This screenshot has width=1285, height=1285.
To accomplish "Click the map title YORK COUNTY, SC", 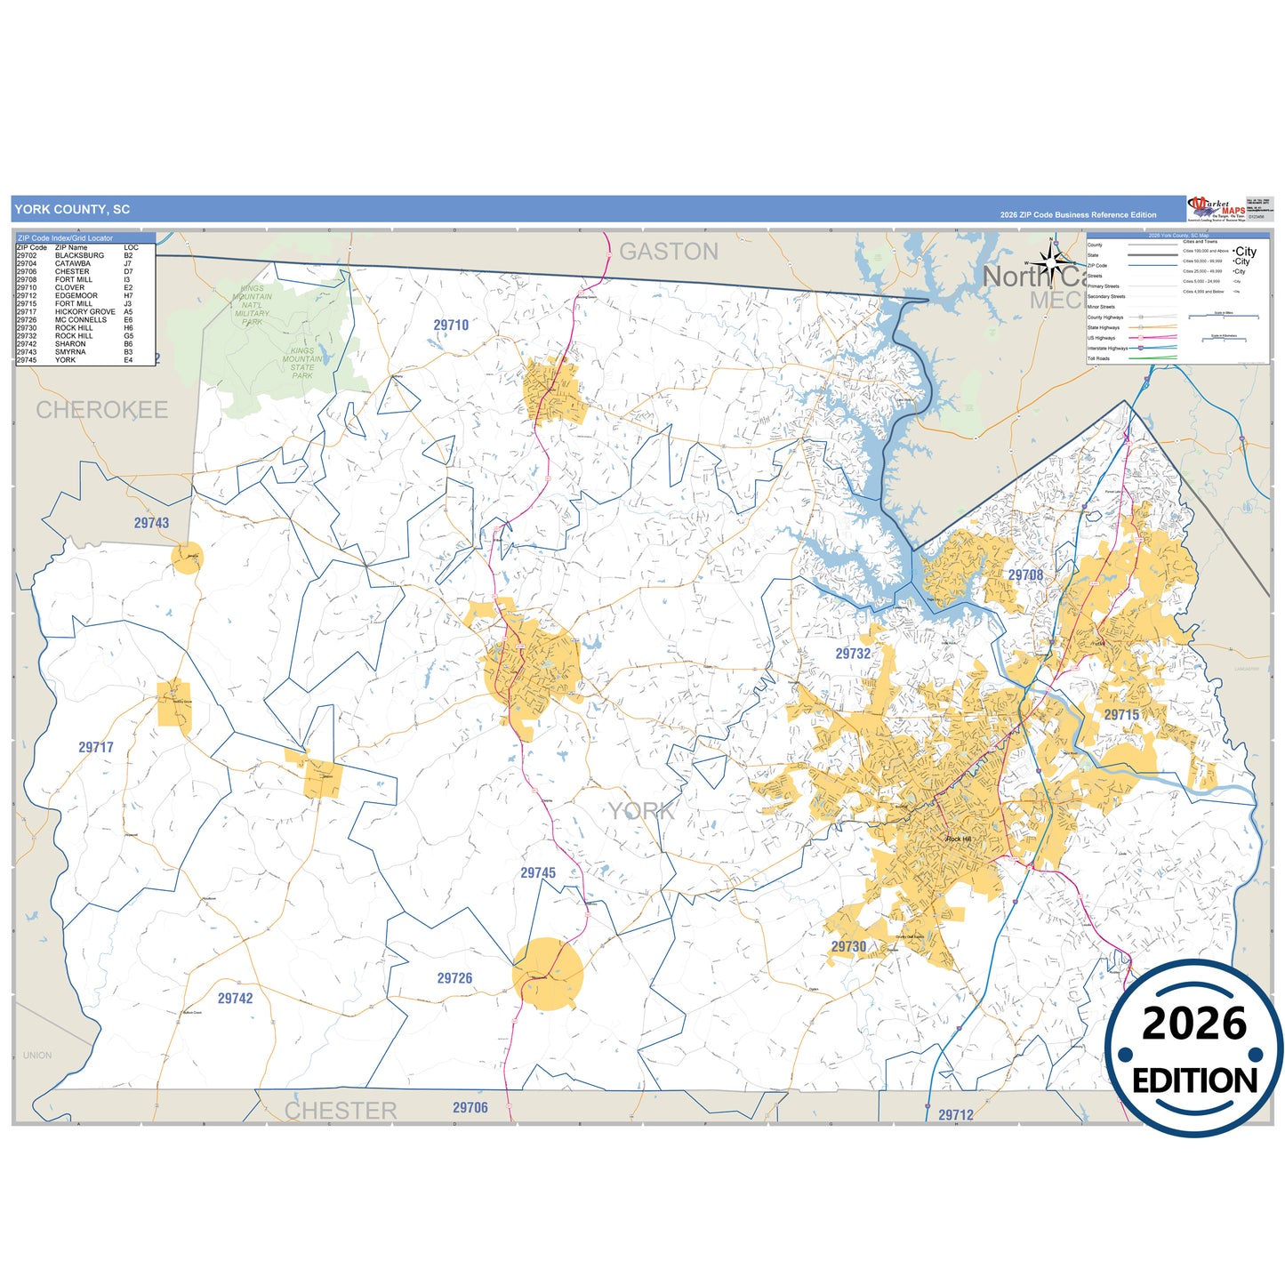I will (x=72, y=210).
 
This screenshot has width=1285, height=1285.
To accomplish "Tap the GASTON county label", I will (x=669, y=253).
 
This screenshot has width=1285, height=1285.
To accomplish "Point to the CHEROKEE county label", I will (x=102, y=410).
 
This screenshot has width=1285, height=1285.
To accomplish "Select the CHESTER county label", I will (x=341, y=1111).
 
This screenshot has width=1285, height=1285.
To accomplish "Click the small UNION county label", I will (x=37, y=1056).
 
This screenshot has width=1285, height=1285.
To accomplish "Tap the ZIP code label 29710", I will (x=451, y=325).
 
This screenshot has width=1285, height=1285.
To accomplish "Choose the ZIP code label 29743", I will (x=151, y=523).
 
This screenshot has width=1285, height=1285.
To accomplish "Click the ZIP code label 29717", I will (x=96, y=747).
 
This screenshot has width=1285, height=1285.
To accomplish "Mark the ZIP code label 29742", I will (x=236, y=999).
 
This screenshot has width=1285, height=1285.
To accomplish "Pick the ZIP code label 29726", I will (x=454, y=978).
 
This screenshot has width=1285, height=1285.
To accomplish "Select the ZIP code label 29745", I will (x=538, y=873).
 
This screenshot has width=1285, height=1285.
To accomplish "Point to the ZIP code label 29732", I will (x=853, y=654).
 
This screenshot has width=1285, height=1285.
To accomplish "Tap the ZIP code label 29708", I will (x=1025, y=575).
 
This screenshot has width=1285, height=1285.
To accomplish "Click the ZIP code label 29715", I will (x=1121, y=715).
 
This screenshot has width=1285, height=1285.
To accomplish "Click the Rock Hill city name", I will (x=959, y=839).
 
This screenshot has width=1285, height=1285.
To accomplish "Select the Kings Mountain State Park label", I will (x=302, y=363).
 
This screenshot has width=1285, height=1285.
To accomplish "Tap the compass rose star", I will (x=1051, y=262).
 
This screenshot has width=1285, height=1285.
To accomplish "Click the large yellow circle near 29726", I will (x=548, y=974).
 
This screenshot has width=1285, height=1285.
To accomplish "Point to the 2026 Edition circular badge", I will (x=1193, y=1049).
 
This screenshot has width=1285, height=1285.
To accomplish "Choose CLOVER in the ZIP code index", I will (x=69, y=288).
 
